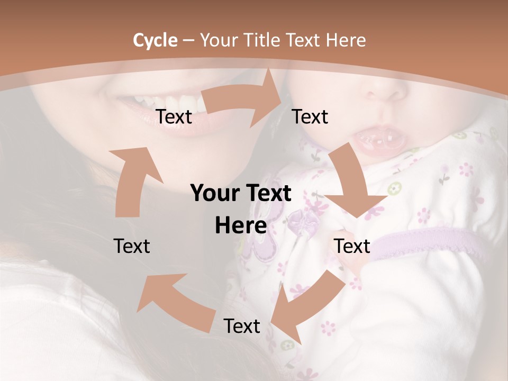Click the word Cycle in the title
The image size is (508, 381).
(155, 40)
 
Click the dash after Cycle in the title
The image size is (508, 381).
(188, 41)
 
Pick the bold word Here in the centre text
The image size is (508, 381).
(241, 226)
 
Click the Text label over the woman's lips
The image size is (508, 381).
(174, 117)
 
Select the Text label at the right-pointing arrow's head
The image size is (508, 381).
(310, 116)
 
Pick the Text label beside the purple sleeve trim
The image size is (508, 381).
(352, 246)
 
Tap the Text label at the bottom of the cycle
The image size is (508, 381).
(242, 326)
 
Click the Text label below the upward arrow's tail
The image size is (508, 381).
(132, 246)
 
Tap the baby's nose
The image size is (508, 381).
(389, 90)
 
